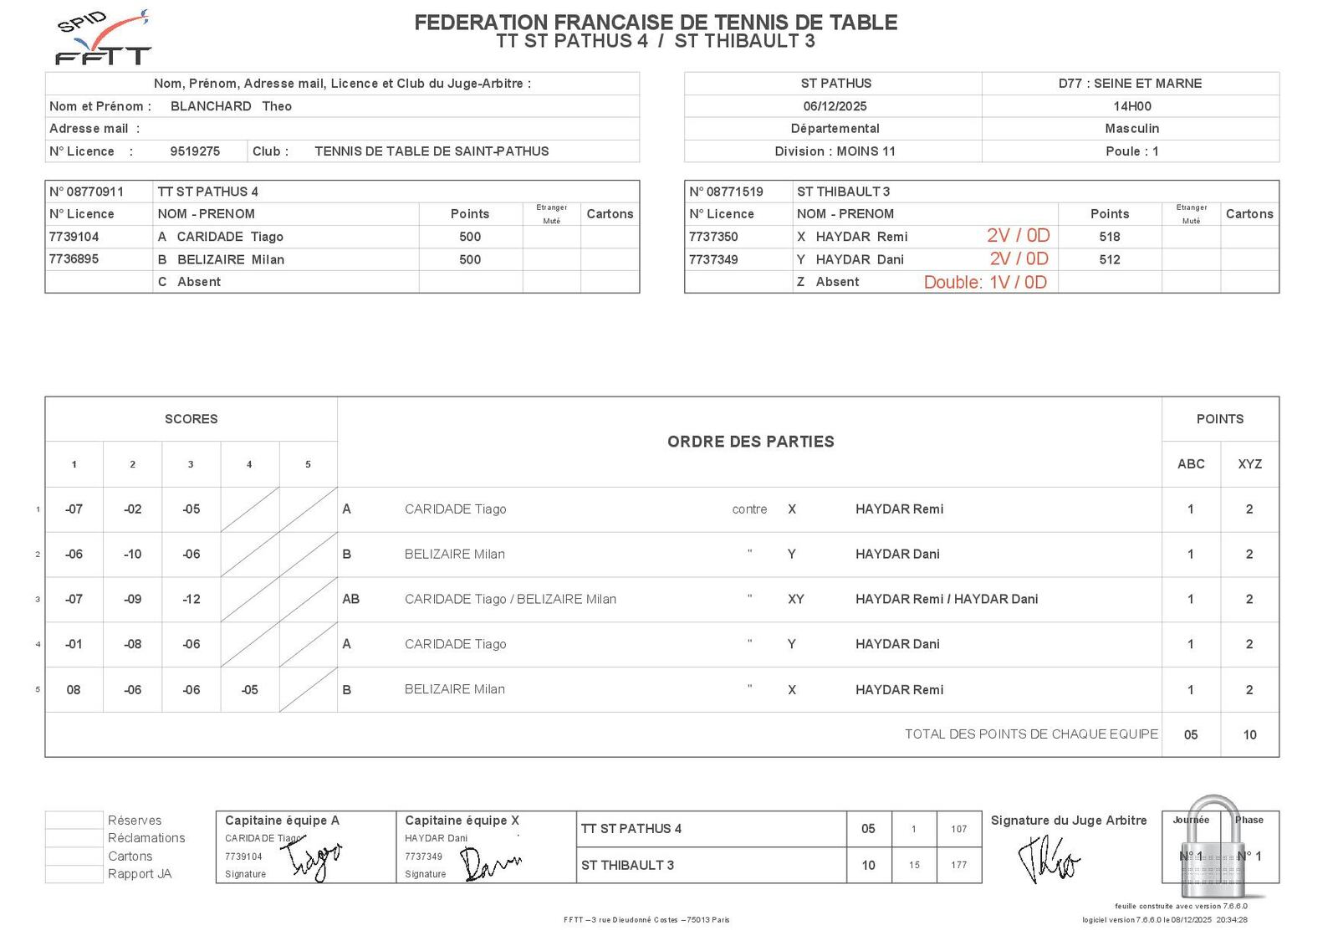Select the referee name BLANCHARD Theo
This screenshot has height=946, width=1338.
click(x=231, y=106)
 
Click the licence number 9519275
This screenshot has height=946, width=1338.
click(x=195, y=151)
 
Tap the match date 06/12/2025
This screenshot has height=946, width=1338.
click(x=835, y=106)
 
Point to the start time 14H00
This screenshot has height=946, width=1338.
click(x=1131, y=106)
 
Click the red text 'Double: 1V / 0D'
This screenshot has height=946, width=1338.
click(x=985, y=283)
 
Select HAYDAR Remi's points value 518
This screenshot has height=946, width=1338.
click(x=1110, y=237)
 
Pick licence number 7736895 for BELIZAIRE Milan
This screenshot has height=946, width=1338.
click(x=74, y=259)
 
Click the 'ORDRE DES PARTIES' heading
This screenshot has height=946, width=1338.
click(x=750, y=442)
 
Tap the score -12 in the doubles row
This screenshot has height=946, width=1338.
click(x=191, y=600)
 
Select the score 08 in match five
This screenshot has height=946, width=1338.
click(x=74, y=690)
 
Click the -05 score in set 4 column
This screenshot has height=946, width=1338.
click(x=249, y=690)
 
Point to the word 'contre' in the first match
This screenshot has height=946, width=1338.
click(x=749, y=509)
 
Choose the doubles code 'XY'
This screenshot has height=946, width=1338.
click(x=795, y=600)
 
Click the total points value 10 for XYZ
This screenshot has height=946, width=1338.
click(x=1249, y=735)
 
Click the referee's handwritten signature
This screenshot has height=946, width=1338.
click(x=1048, y=862)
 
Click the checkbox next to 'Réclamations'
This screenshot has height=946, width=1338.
click(x=74, y=838)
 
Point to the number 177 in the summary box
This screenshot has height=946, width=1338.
click(x=958, y=866)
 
